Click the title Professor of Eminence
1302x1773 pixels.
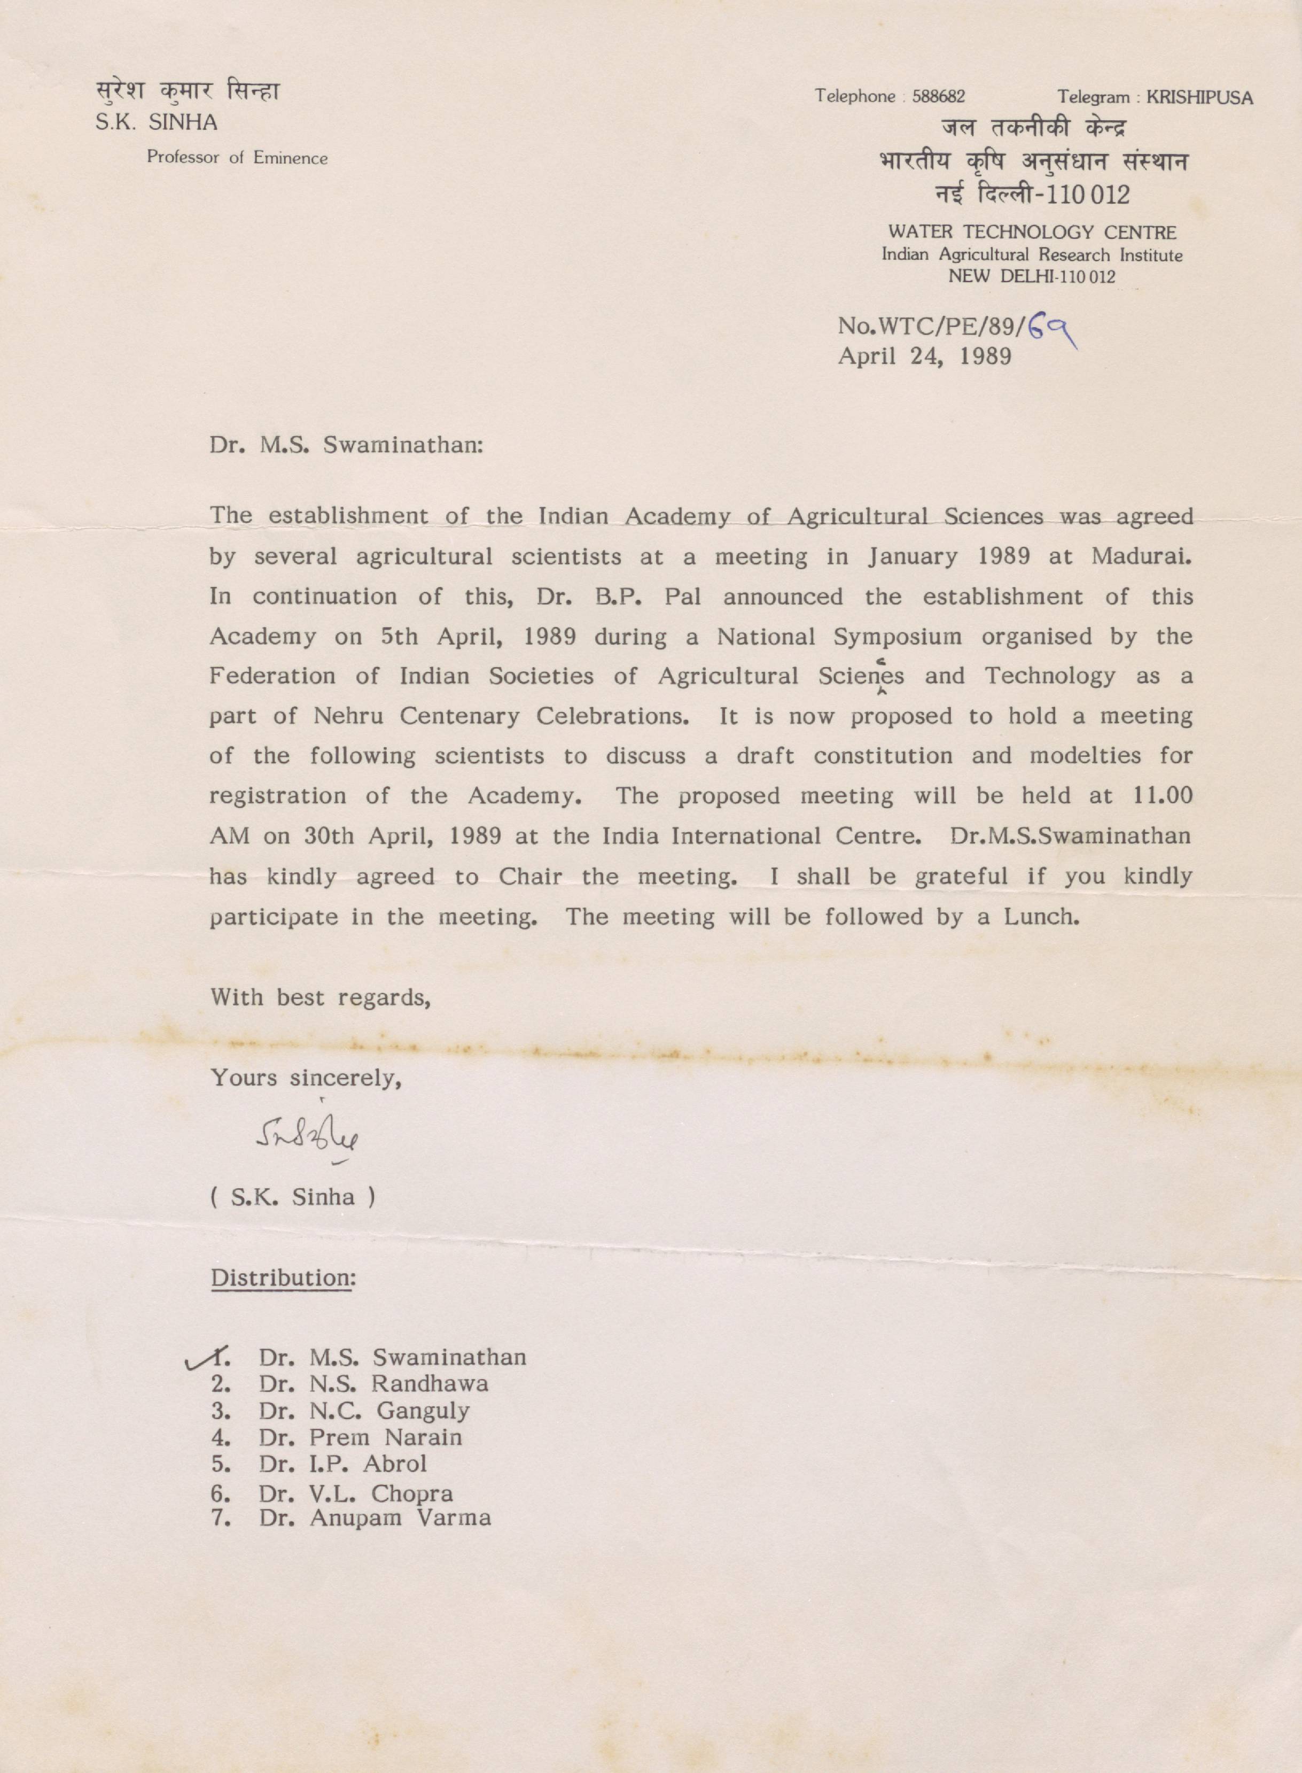237,158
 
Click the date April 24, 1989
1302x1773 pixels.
924,357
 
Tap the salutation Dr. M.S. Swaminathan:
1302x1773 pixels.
345,445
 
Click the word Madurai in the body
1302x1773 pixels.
1141,556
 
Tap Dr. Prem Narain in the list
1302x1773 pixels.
360,1437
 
